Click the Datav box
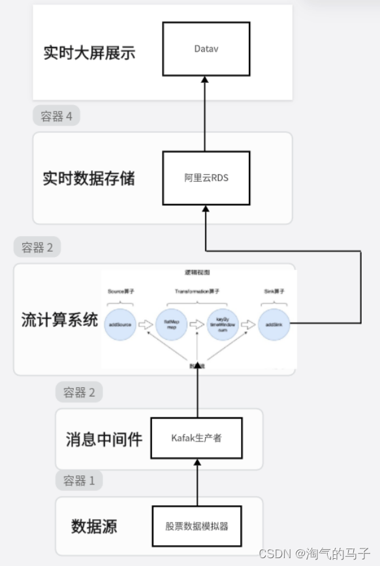(206, 48)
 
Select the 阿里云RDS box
(206, 177)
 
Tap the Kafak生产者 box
(195, 438)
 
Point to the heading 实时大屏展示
(89, 53)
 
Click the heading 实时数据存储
(89, 178)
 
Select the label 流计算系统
(59, 320)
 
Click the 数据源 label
(94, 526)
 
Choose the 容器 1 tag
(79, 481)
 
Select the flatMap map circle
(172, 324)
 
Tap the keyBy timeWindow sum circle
(223, 324)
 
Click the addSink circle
(274, 324)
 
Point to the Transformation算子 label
(197, 291)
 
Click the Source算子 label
(121, 291)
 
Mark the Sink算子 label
(274, 291)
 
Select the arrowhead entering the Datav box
(206, 78)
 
